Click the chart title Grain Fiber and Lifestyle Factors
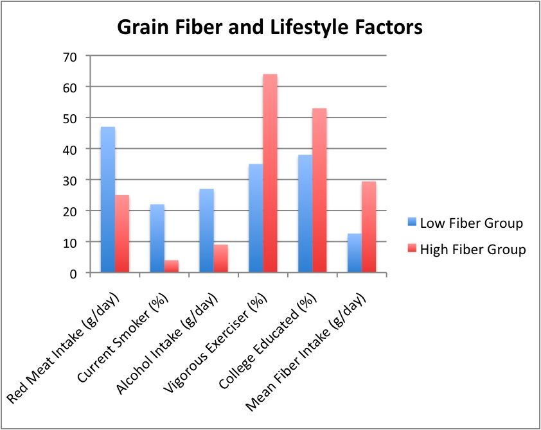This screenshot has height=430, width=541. point(270,27)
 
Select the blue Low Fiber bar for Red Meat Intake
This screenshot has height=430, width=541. point(108,200)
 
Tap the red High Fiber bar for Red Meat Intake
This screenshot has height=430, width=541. point(122,234)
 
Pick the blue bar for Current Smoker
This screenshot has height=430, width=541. point(157,239)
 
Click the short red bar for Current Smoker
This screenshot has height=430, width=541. point(172,266)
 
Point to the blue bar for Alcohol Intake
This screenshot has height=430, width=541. point(206,231)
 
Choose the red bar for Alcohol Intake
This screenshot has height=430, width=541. point(221,259)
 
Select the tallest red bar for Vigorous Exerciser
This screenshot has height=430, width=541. point(270,173)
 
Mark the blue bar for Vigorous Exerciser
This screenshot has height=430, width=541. point(256,218)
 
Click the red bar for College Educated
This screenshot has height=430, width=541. point(319,191)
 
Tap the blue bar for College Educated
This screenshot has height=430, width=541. point(305,214)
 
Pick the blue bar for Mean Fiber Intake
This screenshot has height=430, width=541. point(354,254)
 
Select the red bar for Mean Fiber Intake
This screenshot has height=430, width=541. point(369,227)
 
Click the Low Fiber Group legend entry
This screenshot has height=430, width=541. point(465,223)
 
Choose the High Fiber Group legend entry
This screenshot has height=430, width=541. point(466,249)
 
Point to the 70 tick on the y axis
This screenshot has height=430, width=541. point(70,56)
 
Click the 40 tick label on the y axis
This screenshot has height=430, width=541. point(70,150)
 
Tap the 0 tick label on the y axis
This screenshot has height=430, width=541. point(73,274)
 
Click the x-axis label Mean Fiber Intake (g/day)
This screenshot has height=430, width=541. point(305,352)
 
